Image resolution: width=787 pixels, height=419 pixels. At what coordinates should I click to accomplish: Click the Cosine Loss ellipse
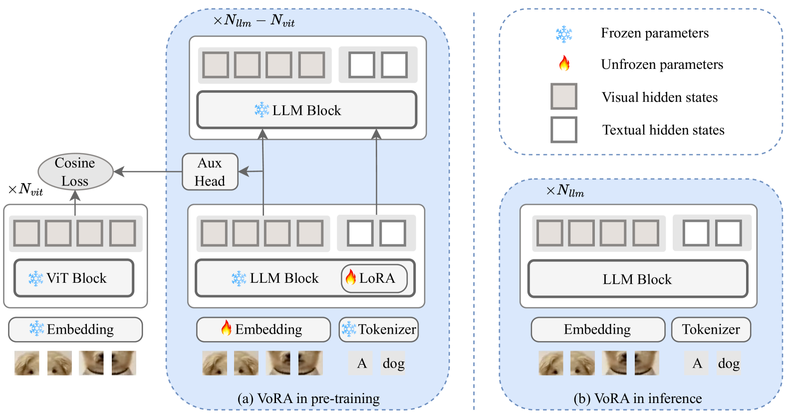pyautogui.click(x=75, y=172)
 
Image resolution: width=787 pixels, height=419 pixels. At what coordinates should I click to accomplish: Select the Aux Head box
pyautogui.click(x=210, y=172)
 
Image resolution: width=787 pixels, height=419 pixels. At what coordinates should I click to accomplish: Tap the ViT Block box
pyautogui.click(x=74, y=278)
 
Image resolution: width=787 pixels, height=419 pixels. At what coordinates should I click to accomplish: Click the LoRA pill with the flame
pyautogui.click(x=374, y=278)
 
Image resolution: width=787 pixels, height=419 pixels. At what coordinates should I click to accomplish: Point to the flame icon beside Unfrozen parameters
pyautogui.click(x=564, y=63)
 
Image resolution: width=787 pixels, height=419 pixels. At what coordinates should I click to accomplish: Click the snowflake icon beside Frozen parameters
pyautogui.click(x=564, y=34)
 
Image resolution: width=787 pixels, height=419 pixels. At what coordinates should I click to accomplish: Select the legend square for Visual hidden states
pyautogui.click(x=564, y=96)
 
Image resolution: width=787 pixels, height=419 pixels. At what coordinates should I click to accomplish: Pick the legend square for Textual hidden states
pyautogui.click(x=564, y=130)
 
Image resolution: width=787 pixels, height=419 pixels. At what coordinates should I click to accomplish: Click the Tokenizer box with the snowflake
pyautogui.click(x=379, y=329)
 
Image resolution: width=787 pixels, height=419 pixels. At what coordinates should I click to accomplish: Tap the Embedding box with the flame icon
pyautogui.click(x=263, y=329)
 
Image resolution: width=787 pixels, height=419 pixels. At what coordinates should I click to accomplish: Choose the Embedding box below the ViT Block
pyautogui.click(x=75, y=329)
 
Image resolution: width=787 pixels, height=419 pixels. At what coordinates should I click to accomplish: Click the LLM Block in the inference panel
pyautogui.click(x=638, y=279)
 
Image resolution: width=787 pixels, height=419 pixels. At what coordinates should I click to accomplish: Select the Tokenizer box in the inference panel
pyautogui.click(x=711, y=329)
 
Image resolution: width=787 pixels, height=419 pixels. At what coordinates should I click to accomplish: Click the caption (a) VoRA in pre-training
pyautogui.click(x=308, y=398)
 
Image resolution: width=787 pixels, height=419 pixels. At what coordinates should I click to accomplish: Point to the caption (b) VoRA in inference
pyautogui.click(x=638, y=398)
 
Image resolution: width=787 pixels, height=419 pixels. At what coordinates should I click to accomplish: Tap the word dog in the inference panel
pyautogui.click(x=729, y=363)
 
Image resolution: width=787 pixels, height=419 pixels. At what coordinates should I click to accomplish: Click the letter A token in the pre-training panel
pyautogui.click(x=361, y=363)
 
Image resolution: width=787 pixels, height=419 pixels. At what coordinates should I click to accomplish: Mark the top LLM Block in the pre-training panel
pyautogui.click(x=307, y=110)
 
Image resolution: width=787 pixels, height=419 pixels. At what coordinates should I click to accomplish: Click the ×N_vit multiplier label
pyautogui.click(x=25, y=190)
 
